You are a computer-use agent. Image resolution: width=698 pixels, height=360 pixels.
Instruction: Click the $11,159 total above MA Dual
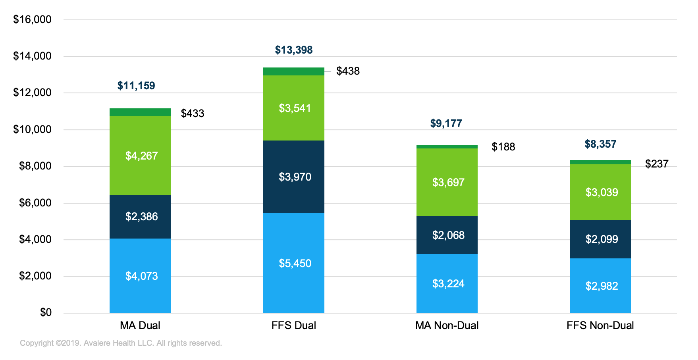tap(136, 86)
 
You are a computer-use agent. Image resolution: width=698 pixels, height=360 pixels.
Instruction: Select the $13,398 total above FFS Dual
tap(294, 50)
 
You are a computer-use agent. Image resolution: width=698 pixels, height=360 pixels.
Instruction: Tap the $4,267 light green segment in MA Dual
tap(141, 156)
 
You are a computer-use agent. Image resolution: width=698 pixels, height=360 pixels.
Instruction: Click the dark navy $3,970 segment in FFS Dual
tap(294, 177)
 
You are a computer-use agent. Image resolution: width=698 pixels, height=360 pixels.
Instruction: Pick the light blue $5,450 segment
tap(294, 263)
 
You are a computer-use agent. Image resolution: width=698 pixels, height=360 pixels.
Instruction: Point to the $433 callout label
tap(193, 114)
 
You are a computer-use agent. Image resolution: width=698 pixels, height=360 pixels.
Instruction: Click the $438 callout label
tap(348, 71)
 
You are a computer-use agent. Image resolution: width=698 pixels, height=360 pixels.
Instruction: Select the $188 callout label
tap(503, 147)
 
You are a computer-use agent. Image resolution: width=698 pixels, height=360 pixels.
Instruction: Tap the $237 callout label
tap(657, 164)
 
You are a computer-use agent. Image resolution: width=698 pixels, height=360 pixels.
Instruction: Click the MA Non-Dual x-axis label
tap(447, 325)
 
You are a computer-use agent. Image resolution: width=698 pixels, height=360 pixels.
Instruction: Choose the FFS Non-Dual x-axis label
tap(600, 325)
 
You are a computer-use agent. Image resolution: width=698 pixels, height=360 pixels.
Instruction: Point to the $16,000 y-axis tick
tap(32, 19)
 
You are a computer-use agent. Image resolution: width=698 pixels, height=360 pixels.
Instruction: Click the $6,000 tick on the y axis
tap(35, 203)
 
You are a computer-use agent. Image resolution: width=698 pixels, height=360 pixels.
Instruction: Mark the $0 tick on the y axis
tap(46, 313)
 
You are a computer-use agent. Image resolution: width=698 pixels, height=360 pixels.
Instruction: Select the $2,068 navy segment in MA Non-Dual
tap(448, 235)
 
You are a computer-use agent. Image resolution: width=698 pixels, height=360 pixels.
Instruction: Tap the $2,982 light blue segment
tap(601, 286)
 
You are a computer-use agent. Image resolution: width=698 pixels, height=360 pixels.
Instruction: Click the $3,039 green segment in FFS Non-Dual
tap(601, 192)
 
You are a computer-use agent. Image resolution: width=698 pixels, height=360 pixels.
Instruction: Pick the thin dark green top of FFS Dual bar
tap(293, 71)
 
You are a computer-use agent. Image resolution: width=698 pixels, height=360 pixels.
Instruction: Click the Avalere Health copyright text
tap(121, 343)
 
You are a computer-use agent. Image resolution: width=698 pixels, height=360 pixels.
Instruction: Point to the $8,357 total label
tap(600, 144)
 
